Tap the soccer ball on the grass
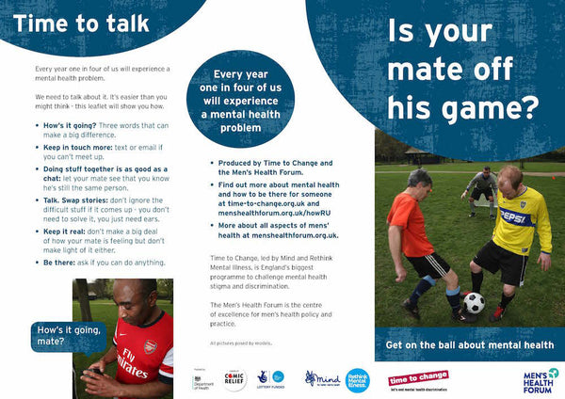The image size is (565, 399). [474, 303]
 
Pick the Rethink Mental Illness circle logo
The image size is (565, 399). [357, 379]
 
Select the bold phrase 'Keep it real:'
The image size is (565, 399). [67, 231]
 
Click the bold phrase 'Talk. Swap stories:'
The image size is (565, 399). [79, 199]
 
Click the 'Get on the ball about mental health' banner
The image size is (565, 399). [468, 345]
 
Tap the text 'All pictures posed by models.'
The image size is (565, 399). [239, 343]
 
